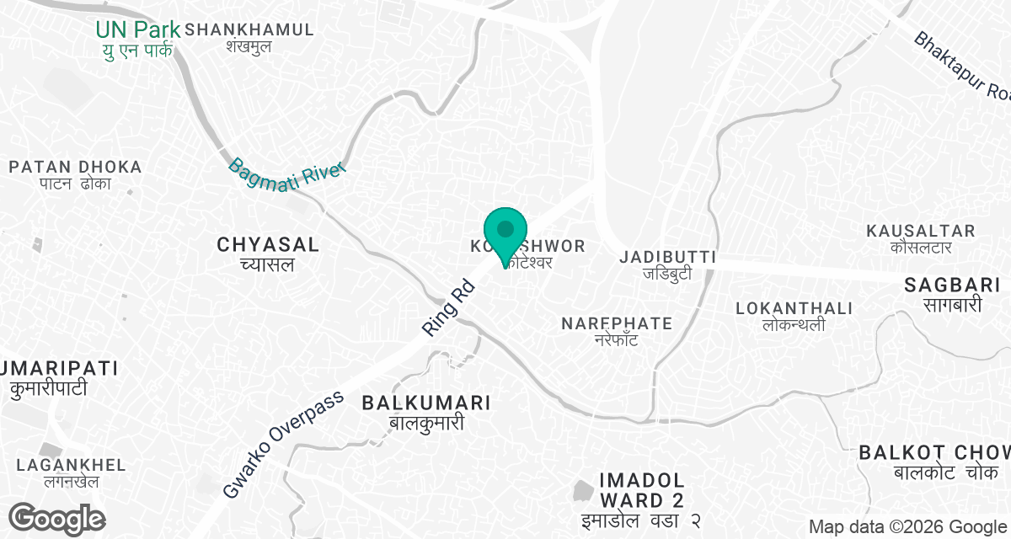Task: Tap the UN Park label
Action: point(137,39)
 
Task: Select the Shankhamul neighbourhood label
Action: point(249,37)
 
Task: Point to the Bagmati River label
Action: point(287,171)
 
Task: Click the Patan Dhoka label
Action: point(75,174)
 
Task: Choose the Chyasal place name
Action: point(268,253)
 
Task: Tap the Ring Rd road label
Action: point(450,309)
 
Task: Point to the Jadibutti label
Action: point(667,264)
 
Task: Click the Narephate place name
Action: point(617,330)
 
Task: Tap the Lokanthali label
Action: point(794,316)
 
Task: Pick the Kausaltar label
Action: point(921,238)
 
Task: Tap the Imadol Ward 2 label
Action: point(641,499)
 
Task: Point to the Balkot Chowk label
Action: point(934,462)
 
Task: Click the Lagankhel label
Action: point(71,472)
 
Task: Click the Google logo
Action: point(56,518)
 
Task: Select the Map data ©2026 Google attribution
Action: point(907,527)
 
